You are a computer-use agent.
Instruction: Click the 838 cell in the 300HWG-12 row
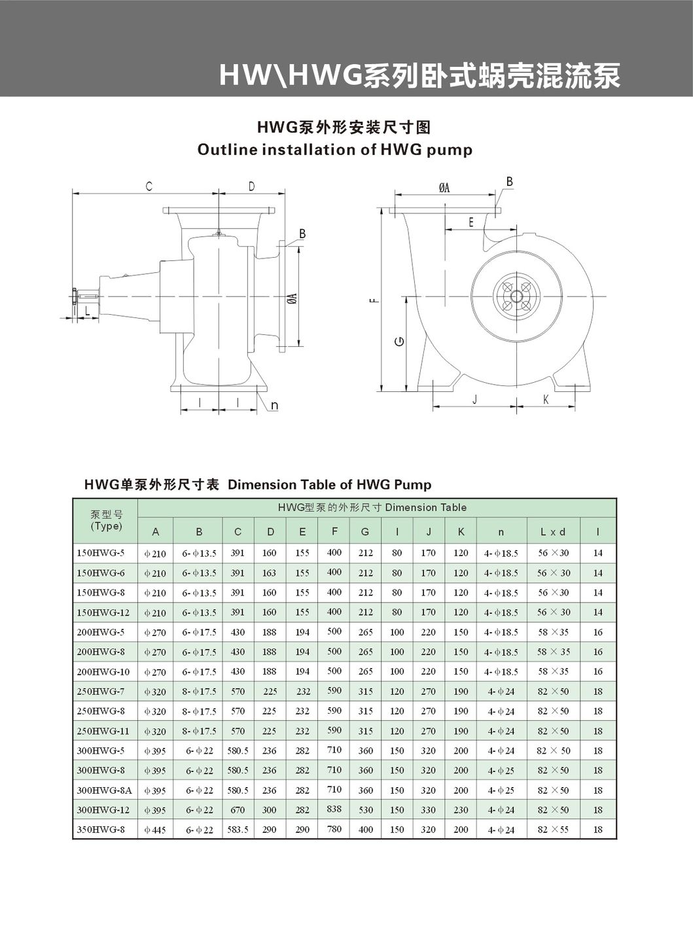[x=334, y=809]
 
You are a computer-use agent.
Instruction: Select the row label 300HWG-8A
[x=104, y=790]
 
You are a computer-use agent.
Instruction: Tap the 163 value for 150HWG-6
[x=269, y=573]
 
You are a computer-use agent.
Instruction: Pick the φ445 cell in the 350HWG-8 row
[x=155, y=830]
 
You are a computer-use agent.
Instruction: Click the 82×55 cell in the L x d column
[x=553, y=829]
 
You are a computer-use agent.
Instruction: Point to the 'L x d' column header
[x=553, y=532]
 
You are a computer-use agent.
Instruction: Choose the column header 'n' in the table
[x=501, y=532]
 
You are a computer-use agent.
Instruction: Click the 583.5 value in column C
[x=238, y=829]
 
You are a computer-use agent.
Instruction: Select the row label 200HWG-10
[x=103, y=671]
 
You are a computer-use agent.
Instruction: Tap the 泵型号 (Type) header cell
[x=106, y=520]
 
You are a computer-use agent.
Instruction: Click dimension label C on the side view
[x=149, y=186]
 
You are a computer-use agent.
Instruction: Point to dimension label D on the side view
[x=251, y=186]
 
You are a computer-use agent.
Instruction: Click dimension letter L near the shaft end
[x=87, y=311]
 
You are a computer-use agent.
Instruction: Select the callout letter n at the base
[x=274, y=406]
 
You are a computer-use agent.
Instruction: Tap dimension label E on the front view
[x=471, y=222]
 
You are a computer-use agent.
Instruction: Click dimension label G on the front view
[x=400, y=342]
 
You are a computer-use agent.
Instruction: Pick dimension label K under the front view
[x=546, y=399]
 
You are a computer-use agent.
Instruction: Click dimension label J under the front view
[x=474, y=399]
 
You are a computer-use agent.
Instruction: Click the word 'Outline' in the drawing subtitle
[x=228, y=150]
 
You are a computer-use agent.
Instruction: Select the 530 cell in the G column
[x=365, y=809]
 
